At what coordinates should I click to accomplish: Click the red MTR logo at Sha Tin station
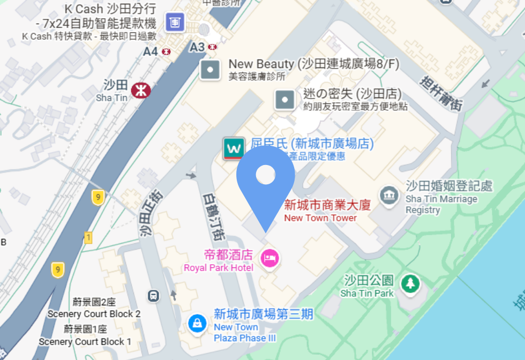(x=141, y=89)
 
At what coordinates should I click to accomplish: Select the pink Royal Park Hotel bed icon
(x=270, y=258)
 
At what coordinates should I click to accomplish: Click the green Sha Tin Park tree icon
(x=410, y=283)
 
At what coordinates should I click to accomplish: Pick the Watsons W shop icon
(x=234, y=148)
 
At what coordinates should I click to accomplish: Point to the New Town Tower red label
(x=320, y=211)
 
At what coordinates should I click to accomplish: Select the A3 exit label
(x=198, y=48)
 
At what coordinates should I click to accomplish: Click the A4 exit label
(x=151, y=51)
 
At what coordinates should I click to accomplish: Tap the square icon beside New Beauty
(x=210, y=69)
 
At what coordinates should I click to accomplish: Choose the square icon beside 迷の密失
(x=284, y=99)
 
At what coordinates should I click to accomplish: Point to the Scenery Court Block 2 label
(x=94, y=309)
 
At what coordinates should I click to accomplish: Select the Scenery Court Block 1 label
(x=85, y=336)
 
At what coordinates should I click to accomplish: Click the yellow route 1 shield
(x=88, y=237)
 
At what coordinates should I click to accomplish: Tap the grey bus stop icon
(x=154, y=295)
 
